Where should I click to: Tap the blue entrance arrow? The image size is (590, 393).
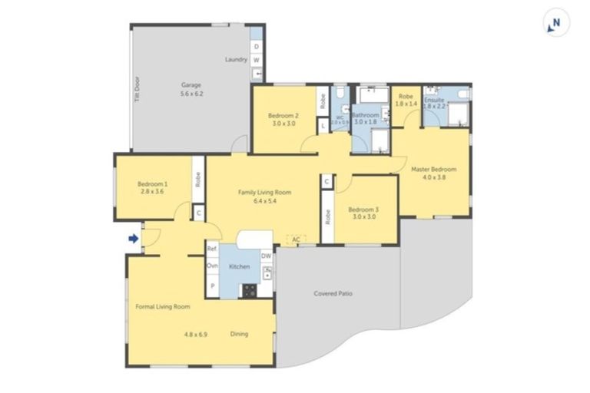(x=133, y=239)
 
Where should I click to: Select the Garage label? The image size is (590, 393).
(x=191, y=84)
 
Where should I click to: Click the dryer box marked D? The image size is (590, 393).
(x=257, y=47)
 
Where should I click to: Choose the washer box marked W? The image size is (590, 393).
(x=257, y=60)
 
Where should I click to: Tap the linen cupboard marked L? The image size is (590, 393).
(x=323, y=124)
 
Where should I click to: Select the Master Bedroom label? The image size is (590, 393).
(x=433, y=169)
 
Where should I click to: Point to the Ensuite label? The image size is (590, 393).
(x=435, y=97)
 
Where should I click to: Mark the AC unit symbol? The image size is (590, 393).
(x=296, y=240)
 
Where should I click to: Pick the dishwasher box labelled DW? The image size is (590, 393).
(x=266, y=256)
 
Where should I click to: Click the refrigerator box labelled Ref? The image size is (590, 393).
(x=212, y=249)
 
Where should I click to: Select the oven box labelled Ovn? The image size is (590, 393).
(x=212, y=266)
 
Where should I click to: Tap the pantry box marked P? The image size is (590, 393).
(x=212, y=286)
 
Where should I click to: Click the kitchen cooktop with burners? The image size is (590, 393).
(x=249, y=290)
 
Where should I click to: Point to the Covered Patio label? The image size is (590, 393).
(x=333, y=293)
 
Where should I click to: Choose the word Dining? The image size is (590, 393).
(x=240, y=334)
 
